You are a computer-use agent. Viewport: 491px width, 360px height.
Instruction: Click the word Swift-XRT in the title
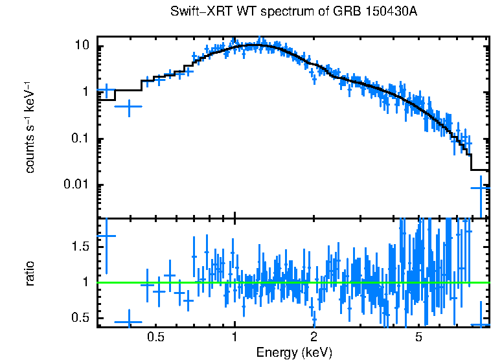pyautogui.click(x=195, y=12)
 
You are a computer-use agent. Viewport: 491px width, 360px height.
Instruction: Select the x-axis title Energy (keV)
pyautogui.click(x=294, y=353)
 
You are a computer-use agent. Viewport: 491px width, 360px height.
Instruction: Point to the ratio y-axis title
pyautogui.click(x=30, y=273)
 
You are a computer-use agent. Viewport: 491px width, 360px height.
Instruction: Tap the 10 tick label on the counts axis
pyautogui.click(x=82, y=46)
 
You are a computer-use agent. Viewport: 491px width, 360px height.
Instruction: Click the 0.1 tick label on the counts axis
pyautogui.click(x=80, y=139)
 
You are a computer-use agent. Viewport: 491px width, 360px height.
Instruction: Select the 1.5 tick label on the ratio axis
pyautogui.click(x=80, y=247)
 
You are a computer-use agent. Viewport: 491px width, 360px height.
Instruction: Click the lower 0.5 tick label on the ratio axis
pyautogui.click(x=80, y=317)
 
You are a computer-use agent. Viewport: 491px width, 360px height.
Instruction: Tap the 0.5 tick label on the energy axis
pyautogui.click(x=155, y=337)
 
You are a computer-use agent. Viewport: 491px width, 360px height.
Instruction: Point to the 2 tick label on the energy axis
pyautogui.click(x=314, y=337)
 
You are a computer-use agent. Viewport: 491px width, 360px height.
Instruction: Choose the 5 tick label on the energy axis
pyautogui.click(x=418, y=337)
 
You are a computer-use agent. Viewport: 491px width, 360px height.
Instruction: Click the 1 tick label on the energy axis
pyautogui.click(x=234, y=337)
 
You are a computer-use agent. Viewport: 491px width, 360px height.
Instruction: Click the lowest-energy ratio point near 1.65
pyautogui.click(x=106, y=236)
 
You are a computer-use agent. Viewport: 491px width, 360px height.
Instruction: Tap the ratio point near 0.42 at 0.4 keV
pyautogui.click(x=128, y=322)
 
